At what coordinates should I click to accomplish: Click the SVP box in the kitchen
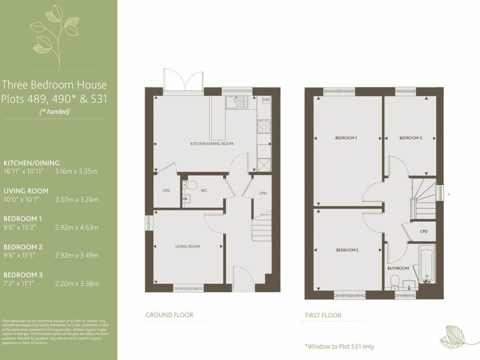click(265, 100)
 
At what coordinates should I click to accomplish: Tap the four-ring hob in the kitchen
click(264, 126)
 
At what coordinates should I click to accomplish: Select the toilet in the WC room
click(190, 185)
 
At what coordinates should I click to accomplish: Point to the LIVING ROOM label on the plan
click(188, 247)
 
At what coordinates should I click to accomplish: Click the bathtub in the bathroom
click(427, 264)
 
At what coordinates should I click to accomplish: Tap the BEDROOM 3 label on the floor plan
click(411, 138)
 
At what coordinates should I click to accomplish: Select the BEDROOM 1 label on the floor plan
click(346, 138)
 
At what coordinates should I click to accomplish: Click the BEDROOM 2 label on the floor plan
click(347, 250)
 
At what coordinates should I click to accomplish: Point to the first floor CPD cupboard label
click(423, 232)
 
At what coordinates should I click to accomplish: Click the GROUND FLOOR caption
click(169, 315)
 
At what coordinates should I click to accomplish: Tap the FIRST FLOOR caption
click(323, 315)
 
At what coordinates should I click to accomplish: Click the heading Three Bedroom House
click(54, 85)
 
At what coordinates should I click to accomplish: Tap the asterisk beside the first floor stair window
click(449, 194)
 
